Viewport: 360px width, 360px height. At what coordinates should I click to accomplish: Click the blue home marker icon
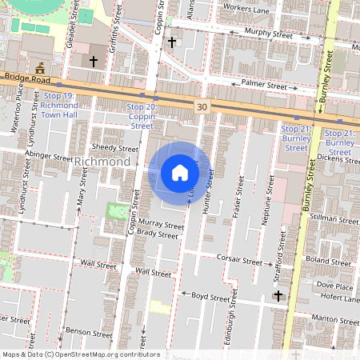coord(180,173)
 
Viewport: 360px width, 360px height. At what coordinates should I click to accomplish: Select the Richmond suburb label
coord(102,162)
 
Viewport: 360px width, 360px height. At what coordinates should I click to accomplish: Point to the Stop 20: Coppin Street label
coord(142,116)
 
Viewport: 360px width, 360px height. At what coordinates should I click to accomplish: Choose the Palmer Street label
coord(265,84)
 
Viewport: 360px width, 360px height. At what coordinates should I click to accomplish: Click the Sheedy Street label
coord(115,148)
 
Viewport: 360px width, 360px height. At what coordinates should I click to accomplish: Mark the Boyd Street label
coord(210,295)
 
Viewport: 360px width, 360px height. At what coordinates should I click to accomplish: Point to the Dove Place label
coord(334,286)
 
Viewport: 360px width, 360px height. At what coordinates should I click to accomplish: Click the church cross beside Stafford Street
coord(278,296)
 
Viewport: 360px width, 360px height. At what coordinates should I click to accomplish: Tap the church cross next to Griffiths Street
coord(94,61)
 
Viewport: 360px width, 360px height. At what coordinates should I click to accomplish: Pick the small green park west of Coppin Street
coord(116,212)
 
